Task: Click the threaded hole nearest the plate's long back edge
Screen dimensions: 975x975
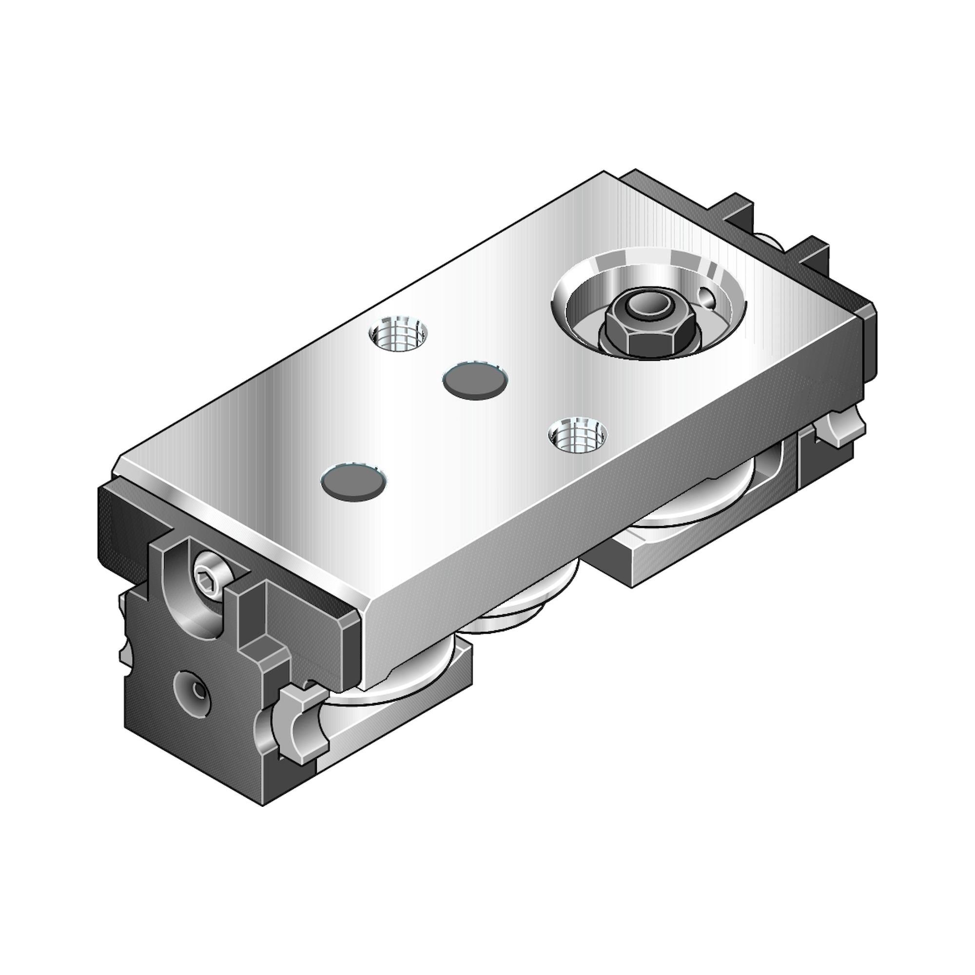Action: coord(398,334)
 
